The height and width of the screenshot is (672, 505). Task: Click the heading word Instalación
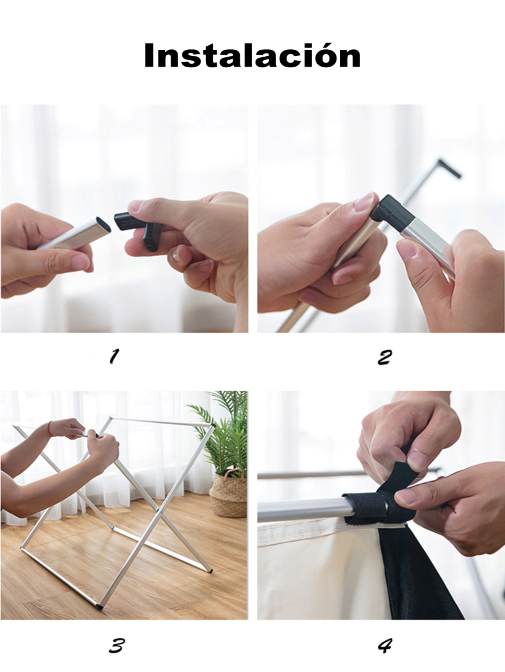pos(252,56)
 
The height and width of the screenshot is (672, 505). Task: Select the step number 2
pos(384,357)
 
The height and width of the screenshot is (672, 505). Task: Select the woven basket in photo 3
pos(228,494)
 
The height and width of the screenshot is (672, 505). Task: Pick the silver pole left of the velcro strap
pos(301,507)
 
